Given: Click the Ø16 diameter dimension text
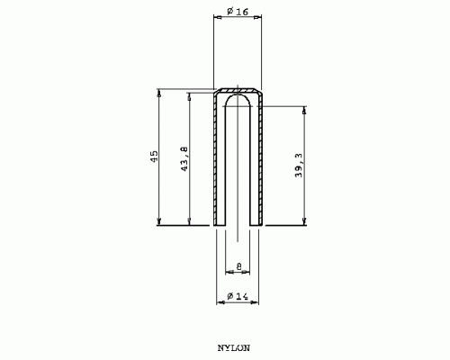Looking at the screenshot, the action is point(238,12).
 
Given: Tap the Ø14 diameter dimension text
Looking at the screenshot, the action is point(238,296).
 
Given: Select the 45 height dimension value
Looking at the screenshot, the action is point(154,157).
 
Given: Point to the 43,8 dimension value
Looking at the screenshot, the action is point(184,158).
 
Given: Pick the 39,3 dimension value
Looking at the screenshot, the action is point(299,166).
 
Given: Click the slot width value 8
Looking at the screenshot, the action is point(239,266).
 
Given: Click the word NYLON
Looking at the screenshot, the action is point(234,348).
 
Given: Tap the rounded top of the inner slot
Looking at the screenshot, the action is point(238,94).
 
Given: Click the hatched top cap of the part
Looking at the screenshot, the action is point(238,90).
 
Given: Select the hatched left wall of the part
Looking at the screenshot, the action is point(215,159).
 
